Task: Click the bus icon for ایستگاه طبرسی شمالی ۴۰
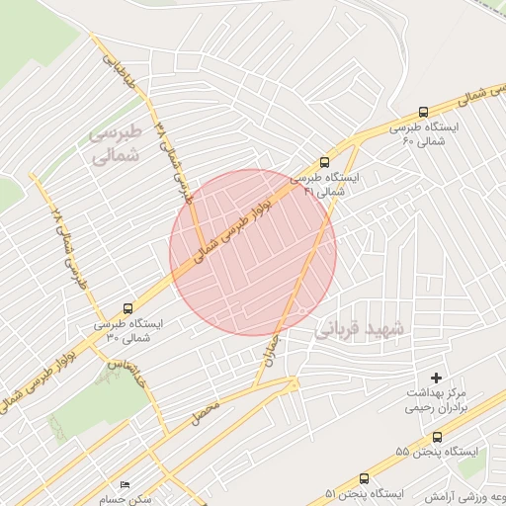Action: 424,112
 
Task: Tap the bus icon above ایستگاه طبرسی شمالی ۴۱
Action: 325,163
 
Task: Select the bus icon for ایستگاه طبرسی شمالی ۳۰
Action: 127,308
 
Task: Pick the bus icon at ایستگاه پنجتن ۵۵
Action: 437,436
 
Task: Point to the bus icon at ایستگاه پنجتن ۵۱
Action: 365,478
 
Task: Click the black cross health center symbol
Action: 437,378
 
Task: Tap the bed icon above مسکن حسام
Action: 125,485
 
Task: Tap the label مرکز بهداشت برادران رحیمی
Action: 441,400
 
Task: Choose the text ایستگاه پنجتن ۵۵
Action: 436,452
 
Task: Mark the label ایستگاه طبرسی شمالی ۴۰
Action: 423,134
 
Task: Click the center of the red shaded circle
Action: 253,252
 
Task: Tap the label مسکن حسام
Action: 131,499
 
